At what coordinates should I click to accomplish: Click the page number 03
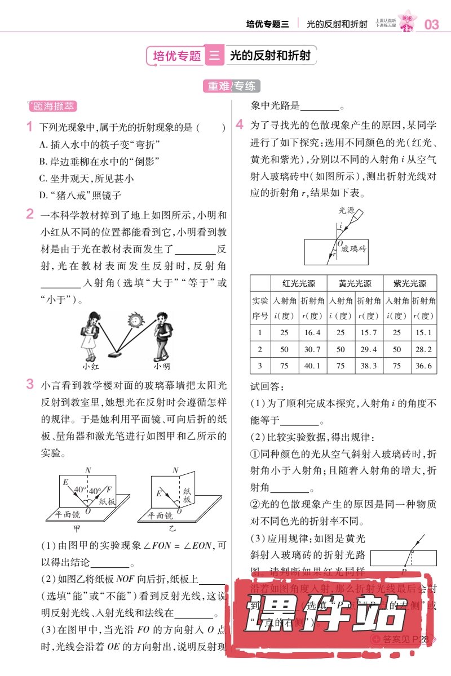coord(431,24)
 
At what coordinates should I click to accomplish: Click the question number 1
coord(30,128)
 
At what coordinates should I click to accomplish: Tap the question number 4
coord(240,124)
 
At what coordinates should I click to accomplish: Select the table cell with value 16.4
coord(312,332)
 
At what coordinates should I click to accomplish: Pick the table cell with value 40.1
coord(312,366)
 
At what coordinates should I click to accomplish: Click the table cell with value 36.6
coord(423,366)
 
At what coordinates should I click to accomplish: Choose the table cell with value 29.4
coord(368,349)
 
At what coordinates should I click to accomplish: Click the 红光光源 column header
coord(299,283)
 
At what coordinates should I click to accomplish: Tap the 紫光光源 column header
coord(410,283)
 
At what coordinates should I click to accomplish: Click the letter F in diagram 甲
coord(108,490)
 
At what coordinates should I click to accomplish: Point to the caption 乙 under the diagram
coord(172,529)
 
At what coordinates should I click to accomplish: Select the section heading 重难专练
coord(231,86)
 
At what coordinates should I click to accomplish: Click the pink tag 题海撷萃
coord(52,106)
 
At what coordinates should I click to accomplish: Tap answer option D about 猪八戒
coord(80,195)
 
